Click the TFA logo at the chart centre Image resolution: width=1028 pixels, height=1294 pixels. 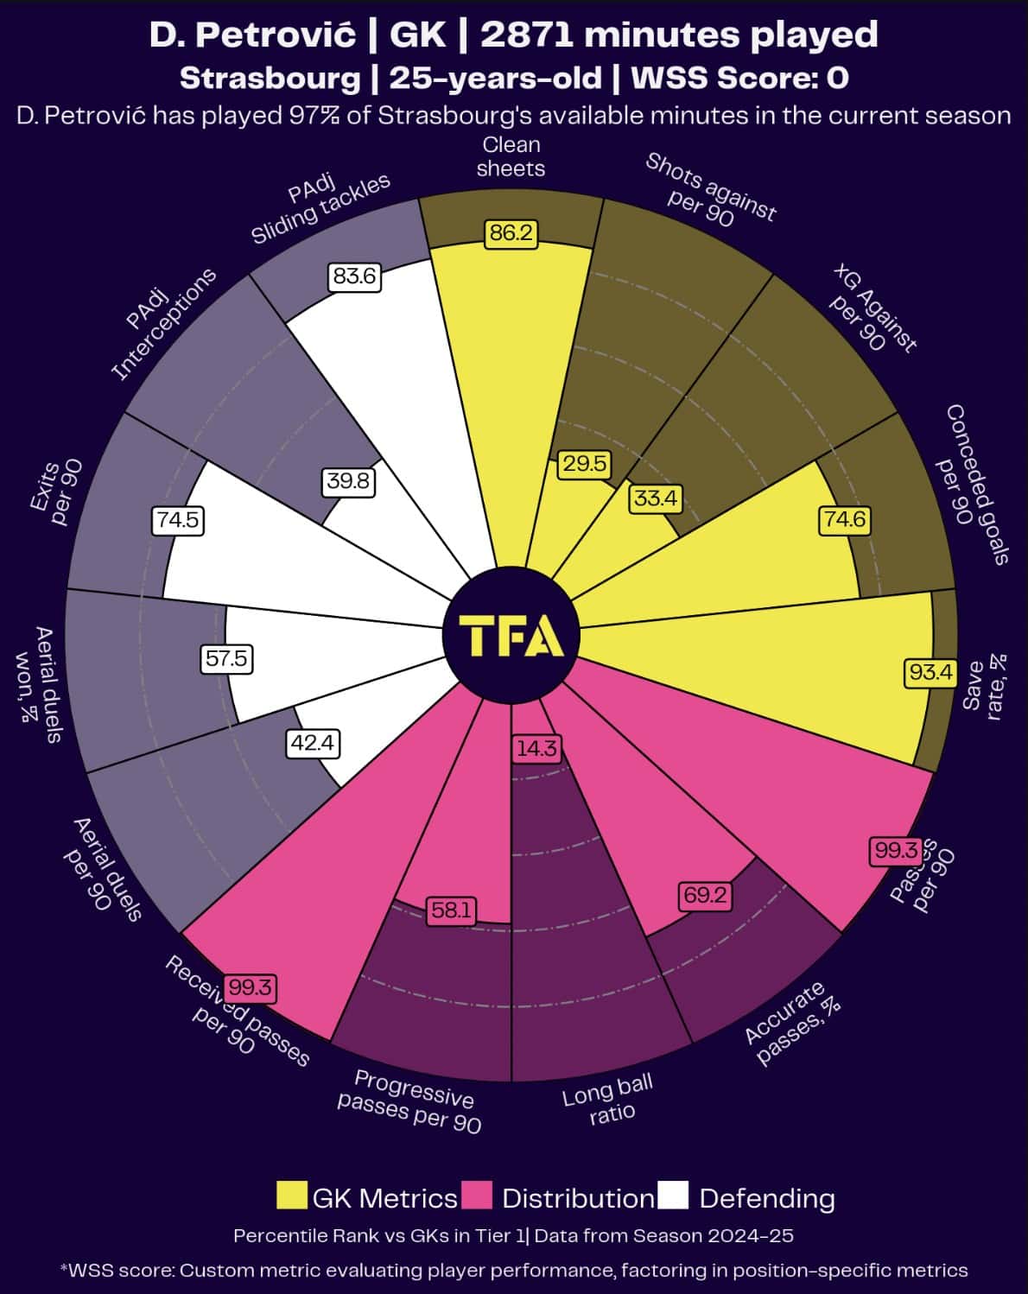511,636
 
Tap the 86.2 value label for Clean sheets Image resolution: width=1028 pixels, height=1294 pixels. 511,233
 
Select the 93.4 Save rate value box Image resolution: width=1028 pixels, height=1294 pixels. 930,671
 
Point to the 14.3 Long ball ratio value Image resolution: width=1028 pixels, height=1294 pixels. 536,748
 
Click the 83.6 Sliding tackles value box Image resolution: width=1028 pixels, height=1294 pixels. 354,276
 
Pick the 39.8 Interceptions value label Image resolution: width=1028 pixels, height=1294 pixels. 348,481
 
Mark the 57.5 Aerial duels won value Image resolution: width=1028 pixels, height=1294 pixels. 226,659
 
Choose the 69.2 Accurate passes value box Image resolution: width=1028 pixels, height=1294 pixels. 705,895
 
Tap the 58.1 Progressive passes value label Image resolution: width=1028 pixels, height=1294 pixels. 452,910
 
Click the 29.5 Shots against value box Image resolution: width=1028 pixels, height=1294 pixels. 585,464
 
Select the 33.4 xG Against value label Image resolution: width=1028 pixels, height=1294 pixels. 656,498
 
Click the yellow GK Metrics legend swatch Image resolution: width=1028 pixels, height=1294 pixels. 292,1196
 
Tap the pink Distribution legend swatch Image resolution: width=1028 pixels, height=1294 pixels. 477,1196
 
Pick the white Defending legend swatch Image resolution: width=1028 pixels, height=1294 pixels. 673,1196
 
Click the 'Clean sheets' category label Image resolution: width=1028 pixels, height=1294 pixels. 511,156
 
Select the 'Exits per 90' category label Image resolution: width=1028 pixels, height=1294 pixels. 57,492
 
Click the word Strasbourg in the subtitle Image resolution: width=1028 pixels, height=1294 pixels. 270,79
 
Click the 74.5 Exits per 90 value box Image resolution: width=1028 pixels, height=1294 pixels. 179,520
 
